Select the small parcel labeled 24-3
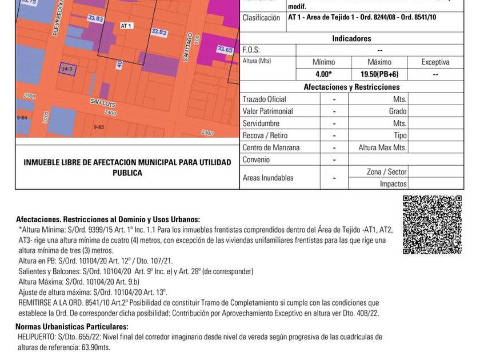click(66, 69)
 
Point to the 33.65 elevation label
click(225, 50)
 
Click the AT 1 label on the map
click(126, 26)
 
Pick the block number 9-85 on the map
click(99, 127)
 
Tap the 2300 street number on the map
click(207, 133)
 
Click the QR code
click(432, 225)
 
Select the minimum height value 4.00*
click(323, 74)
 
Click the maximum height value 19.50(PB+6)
click(379, 74)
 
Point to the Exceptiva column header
click(435, 62)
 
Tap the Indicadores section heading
click(351, 39)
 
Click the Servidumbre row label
click(260, 123)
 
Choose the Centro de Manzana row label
click(271, 147)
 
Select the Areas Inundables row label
click(268, 178)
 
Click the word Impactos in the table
click(393, 184)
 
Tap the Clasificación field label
click(261, 18)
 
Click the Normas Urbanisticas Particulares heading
click(71, 327)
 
